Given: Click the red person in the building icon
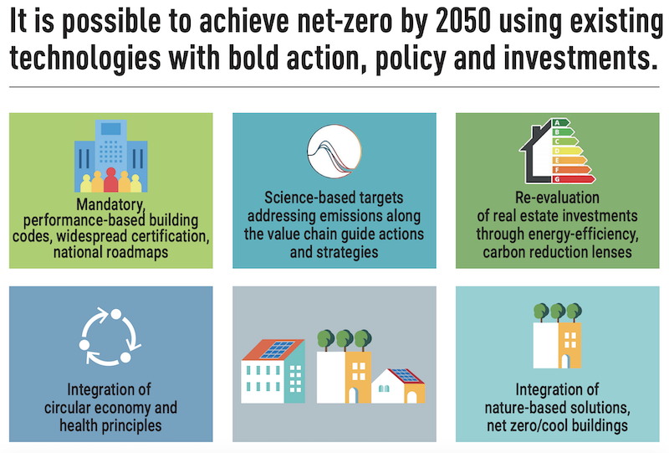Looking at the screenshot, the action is (x=110, y=180).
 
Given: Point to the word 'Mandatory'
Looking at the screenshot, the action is (x=110, y=204).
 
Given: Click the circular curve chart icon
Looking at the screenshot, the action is (x=334, y=152).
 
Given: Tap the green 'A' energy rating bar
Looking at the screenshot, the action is (x=560, y=122).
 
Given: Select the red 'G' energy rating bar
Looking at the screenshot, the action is (x=573, y=179).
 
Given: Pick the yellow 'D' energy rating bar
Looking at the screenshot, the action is (x=567, y=151).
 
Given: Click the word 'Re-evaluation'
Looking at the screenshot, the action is (x=557, y=198).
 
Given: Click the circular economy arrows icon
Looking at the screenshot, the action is (x=110, y=337).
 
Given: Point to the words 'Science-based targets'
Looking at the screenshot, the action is (x=334, y=198).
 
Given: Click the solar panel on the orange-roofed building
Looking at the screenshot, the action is (x=277, y=349).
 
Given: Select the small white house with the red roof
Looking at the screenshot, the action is (x=398, y=386).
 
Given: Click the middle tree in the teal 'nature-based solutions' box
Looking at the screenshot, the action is (x=557, y=312).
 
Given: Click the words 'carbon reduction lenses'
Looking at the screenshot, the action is (x=557, y=252).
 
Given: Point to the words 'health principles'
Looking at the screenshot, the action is (x=110, y=425).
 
